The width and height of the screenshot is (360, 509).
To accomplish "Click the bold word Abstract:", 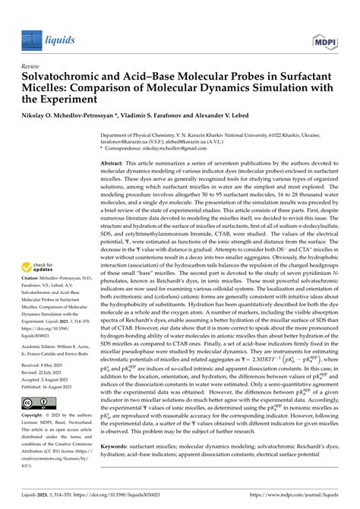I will pyautogui.click(x=115, y=163).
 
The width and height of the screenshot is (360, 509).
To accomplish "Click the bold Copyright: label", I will pyautogui.click(x=35, y=416).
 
